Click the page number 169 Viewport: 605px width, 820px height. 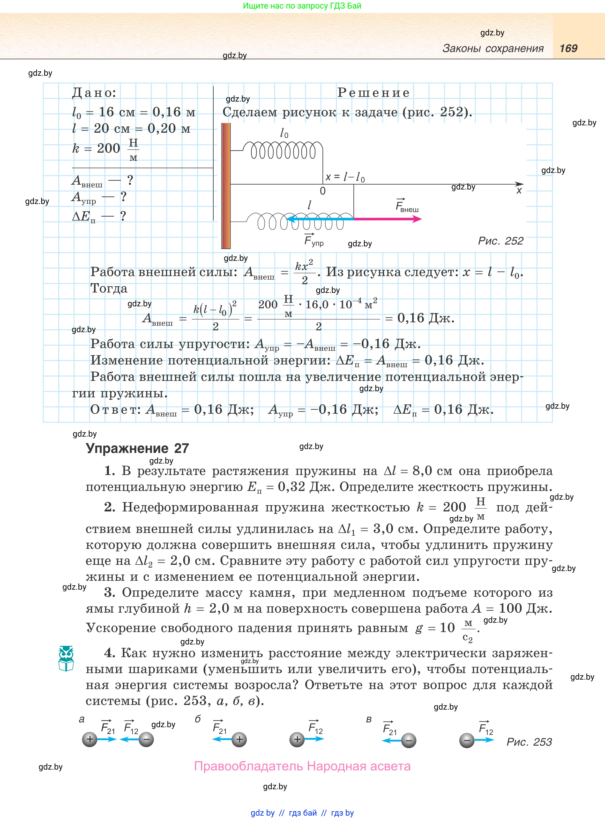(x=568, y=48)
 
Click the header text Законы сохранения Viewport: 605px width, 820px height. (x=493, y=48)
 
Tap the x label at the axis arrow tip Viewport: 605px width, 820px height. (x=519, y=191)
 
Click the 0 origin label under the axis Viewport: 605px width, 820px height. (x=323, y=191)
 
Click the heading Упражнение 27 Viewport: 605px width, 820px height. (x=137, y=448)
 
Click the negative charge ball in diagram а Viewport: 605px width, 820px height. (x=146, y=740)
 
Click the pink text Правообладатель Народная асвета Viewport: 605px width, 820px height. (x=302, y=766)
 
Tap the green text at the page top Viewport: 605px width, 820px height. (x=302, y=6)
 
